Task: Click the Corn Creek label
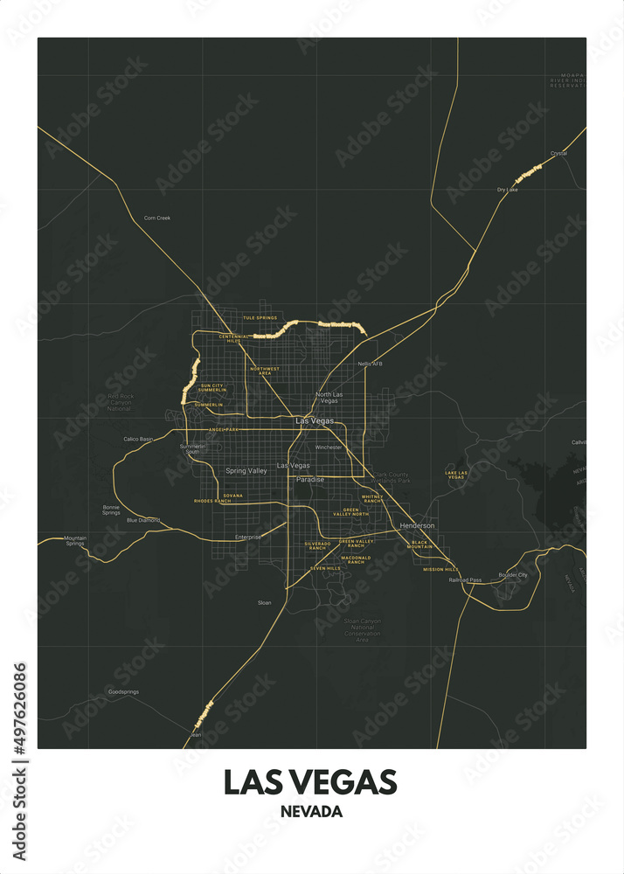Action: click(157, 218)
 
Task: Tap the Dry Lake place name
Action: click(508, 189)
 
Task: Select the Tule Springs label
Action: click(260, 318)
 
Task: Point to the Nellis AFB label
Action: click(371, 364)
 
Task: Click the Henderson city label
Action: click(417, 525)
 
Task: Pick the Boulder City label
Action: click(513, 575)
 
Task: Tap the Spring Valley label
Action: click(246, 471)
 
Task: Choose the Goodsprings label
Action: click(123, 691)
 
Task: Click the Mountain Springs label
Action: click(75, 541)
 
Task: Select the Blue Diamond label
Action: click(143, 520)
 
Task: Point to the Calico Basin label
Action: click(138, 439)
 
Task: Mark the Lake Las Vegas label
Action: click(456, 475)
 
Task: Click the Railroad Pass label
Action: click(465, 579)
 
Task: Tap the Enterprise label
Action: click(248, 537)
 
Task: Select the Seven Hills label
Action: click(326, 568)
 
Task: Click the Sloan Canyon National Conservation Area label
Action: click(363, 630)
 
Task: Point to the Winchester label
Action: click(329, 447)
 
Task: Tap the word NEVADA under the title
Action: click(311, 812)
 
